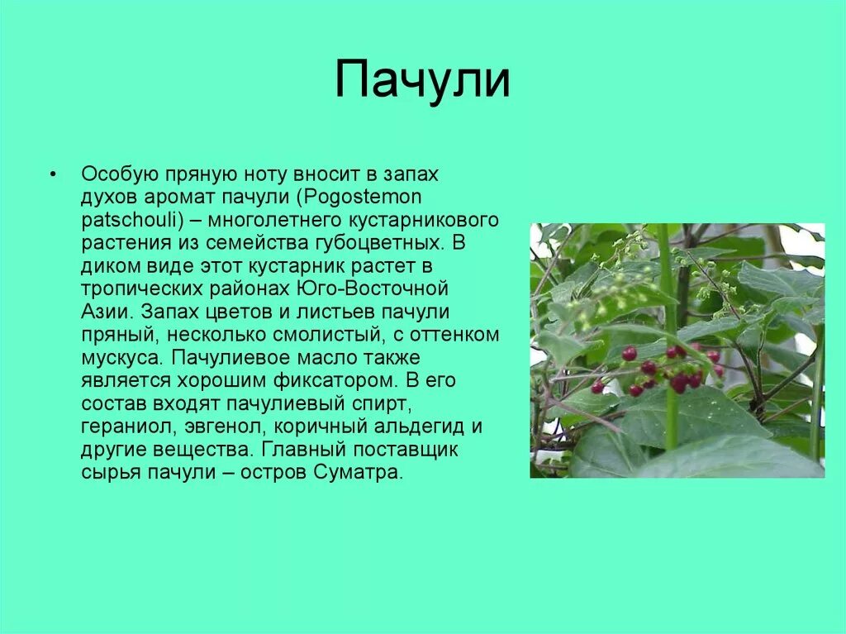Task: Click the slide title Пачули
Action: (422, 79)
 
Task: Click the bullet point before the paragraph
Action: (53, 175)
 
